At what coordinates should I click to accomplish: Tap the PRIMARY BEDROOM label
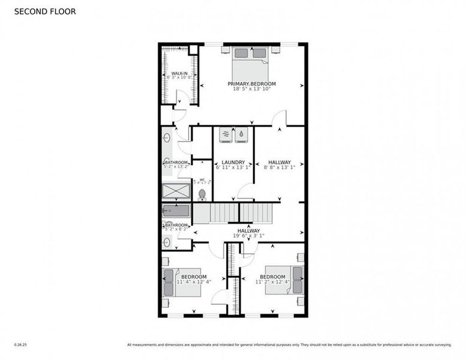coord(251,83)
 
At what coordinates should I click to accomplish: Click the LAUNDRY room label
coord(233,162)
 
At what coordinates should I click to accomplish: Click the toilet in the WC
coord(202,194)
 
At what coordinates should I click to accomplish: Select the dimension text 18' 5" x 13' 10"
coord(251,89)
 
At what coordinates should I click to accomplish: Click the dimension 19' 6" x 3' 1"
coord(248,236)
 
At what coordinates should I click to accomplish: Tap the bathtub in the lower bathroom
coord(176,211)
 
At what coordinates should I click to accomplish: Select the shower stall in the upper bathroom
coord(176,191)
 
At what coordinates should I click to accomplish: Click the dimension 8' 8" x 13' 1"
coord(279,167)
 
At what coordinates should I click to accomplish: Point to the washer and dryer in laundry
coord(233,135)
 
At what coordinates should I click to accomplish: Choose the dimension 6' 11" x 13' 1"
coord(233,167)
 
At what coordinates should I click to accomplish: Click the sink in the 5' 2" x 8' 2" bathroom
coord(167,241)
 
